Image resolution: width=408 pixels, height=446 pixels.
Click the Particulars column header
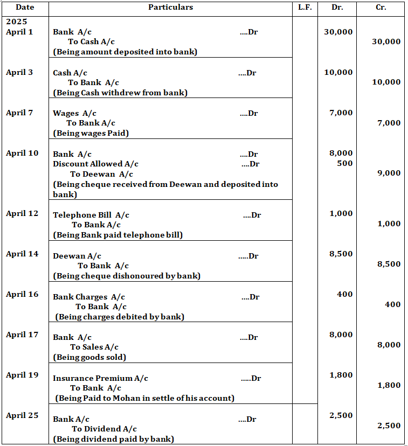pyautogui.click(x=170, y=8)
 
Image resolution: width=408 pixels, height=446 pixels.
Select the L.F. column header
pyautogui.click(x=305, y=8)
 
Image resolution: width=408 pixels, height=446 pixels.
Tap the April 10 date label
pyautogui.click(x=22, y=153)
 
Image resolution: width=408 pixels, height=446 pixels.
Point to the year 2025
pyautogui.click(x=16, y=22)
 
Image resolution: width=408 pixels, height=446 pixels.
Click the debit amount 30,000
pyautogui.click(x=338, y=32)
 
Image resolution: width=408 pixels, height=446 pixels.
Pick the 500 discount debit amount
pyautogui.click(x=345, y=163)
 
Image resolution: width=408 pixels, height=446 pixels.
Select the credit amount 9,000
pyautogui.click(x=389, y=173)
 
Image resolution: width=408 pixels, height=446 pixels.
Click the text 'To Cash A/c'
pyautogui.click(x=91, y=41)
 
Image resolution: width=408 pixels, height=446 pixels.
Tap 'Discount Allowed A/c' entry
pyautogui.click(x=95, y=164)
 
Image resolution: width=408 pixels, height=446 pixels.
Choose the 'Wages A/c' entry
pyautogui.click(x=74, y=113)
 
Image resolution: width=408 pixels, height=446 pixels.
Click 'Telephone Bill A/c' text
pyautogui.click(x=91, y=215)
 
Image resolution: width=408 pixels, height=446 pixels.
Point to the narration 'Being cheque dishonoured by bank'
pyautogui.click(x=127, y=276)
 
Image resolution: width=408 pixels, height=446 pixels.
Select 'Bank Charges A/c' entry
pyautogui.click(x=88, y=297)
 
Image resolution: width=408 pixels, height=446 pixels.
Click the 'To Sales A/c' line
pyautogui.click(x=94, y=347)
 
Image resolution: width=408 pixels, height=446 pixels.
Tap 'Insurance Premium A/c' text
pyautogui.click(x=100, y=378)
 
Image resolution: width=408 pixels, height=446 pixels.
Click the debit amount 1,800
pyautogui.click(x=341, y=375)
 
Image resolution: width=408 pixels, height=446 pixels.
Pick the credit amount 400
pyautogui.click(x=392, y=304)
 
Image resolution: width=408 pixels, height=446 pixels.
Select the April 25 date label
pyautogui.click(x=22, y=415)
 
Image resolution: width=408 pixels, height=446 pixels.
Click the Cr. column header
pyautogui.click(x=381, y=8)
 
